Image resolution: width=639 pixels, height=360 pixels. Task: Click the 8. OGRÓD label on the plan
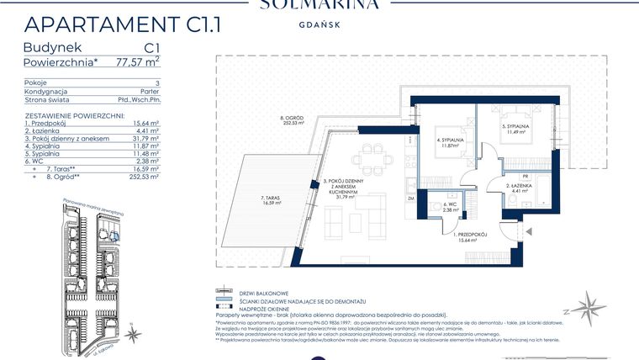coord(293,119)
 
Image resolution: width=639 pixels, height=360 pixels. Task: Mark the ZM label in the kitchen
coord(411,198)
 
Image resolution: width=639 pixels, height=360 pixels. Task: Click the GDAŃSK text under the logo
coord(319,25)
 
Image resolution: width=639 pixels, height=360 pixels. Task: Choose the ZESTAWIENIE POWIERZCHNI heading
coord(75,114)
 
